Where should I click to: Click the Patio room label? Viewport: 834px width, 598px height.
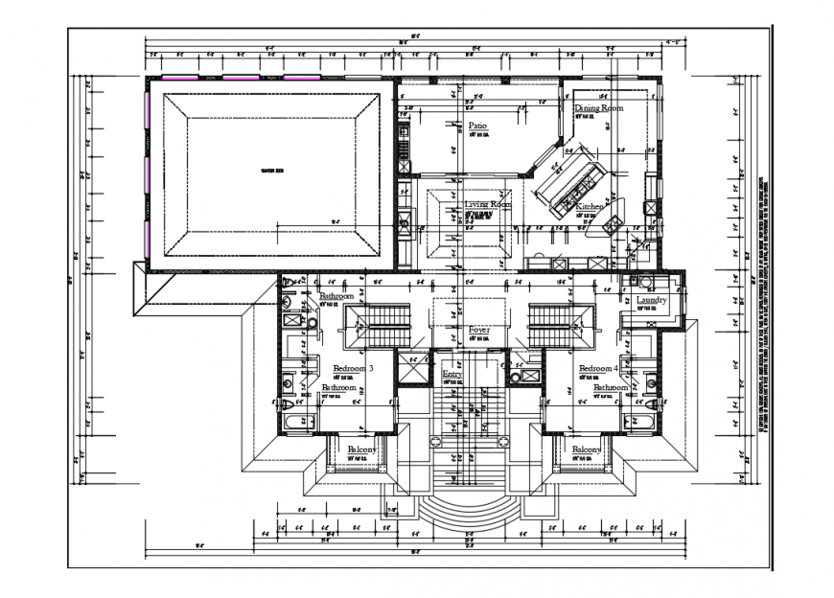(477, 126)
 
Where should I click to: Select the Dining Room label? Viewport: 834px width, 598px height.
(599, 108)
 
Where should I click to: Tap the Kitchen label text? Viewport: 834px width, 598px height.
(590, 206)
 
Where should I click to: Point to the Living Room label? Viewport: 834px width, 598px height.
(488, 205)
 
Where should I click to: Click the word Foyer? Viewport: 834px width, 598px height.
(478, 330)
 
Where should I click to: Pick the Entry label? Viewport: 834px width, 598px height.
(452, 374)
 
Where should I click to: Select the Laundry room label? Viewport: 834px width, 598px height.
(652, 301)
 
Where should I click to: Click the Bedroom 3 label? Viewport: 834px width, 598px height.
(353, 368)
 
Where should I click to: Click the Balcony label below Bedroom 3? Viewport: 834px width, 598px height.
(361, 449)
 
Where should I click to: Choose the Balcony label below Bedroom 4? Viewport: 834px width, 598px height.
(587, 449)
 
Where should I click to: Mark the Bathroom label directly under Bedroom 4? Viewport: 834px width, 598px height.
(611, 387)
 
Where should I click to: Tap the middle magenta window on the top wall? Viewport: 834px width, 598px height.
(241, 78)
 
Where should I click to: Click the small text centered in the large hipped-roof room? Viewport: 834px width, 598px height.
(272, 172)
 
